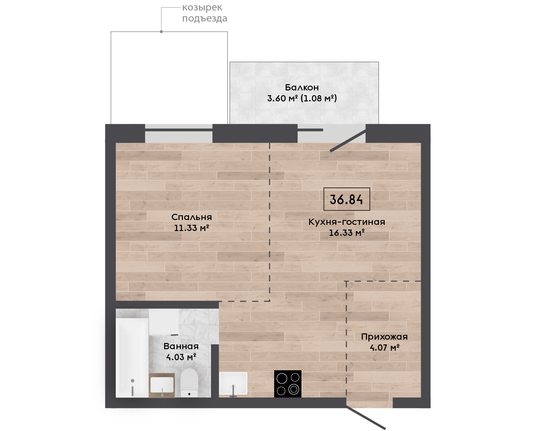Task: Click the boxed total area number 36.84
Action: (346, 199)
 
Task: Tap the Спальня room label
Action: (191, 217)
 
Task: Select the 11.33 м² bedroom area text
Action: (191, 228)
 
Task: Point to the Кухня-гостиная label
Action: (347, 222)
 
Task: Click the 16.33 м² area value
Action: (347, 233)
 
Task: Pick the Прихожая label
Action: (385, 337)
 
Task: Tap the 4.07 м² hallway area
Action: (385, 348)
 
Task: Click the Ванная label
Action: (181, 346)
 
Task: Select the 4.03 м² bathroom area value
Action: (181, 357)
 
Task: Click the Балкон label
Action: (302, 88)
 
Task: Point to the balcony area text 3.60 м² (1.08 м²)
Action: (302, 99)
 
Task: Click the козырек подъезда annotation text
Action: (204, 12)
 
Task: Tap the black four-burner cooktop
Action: (288, 384)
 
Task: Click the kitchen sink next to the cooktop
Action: (234, 384)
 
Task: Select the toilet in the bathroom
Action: (189, 383)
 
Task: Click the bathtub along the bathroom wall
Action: (132, 357)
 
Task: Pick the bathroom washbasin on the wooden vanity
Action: (162, 385)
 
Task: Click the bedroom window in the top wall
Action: (179, 133)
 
